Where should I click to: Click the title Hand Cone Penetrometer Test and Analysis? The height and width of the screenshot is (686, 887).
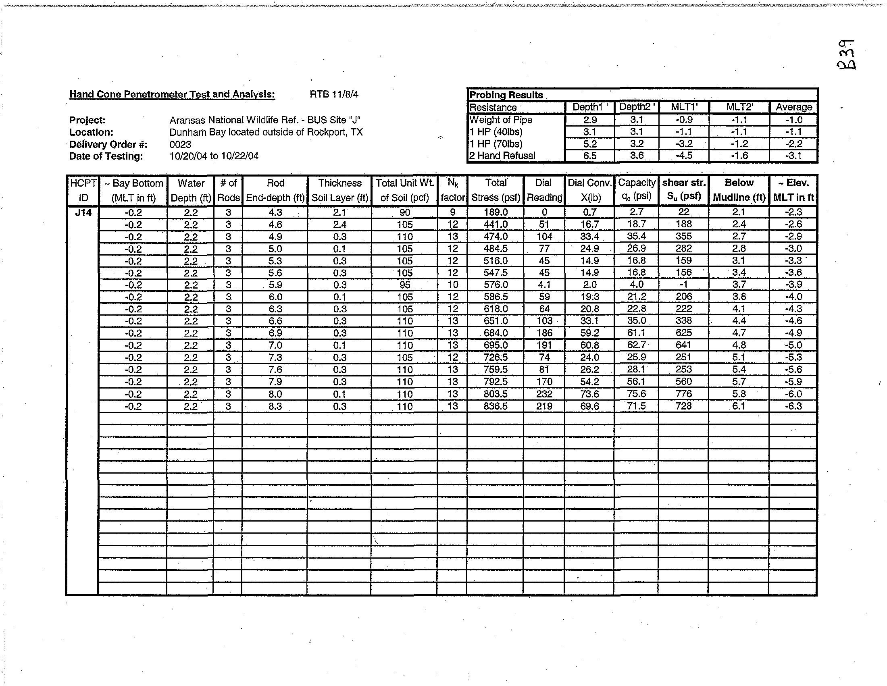click(x=172, y=94)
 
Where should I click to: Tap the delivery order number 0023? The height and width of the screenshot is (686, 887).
click(x=180, y=145)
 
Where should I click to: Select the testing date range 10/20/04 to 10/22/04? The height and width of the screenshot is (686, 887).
click(x=214, y=156)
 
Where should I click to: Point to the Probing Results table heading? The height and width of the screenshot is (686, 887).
click(x=506, y=95)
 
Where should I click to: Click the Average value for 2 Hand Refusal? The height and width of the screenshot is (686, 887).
click(x=793, y=156)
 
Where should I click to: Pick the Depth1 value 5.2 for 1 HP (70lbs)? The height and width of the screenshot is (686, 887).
click(x=590, y=144)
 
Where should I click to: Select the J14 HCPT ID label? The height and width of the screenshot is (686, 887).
click(x=83, y=212)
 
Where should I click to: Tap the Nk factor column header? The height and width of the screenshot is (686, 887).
click(x=452, y=190)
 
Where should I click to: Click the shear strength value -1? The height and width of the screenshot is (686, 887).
click(x=683, y=285)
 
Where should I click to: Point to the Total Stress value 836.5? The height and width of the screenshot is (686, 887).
click(x=496, y=406)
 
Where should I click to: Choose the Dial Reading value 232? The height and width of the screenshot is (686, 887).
click(x=544, y=394)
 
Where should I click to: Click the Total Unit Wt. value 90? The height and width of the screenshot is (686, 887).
click(x=404, y=212)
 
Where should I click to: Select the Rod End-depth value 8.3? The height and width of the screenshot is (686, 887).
click(x=275, y=406)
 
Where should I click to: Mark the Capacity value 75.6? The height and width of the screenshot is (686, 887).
click(x=636, y=394)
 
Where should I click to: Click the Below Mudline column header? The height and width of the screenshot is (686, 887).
click(x=739, y=190)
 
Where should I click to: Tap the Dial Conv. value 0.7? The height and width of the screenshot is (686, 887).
click(x=589, y=212)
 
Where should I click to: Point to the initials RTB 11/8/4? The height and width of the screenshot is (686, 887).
click(x=334, y=95)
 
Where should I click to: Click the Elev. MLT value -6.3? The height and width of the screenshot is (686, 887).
click(x=793, y=406)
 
